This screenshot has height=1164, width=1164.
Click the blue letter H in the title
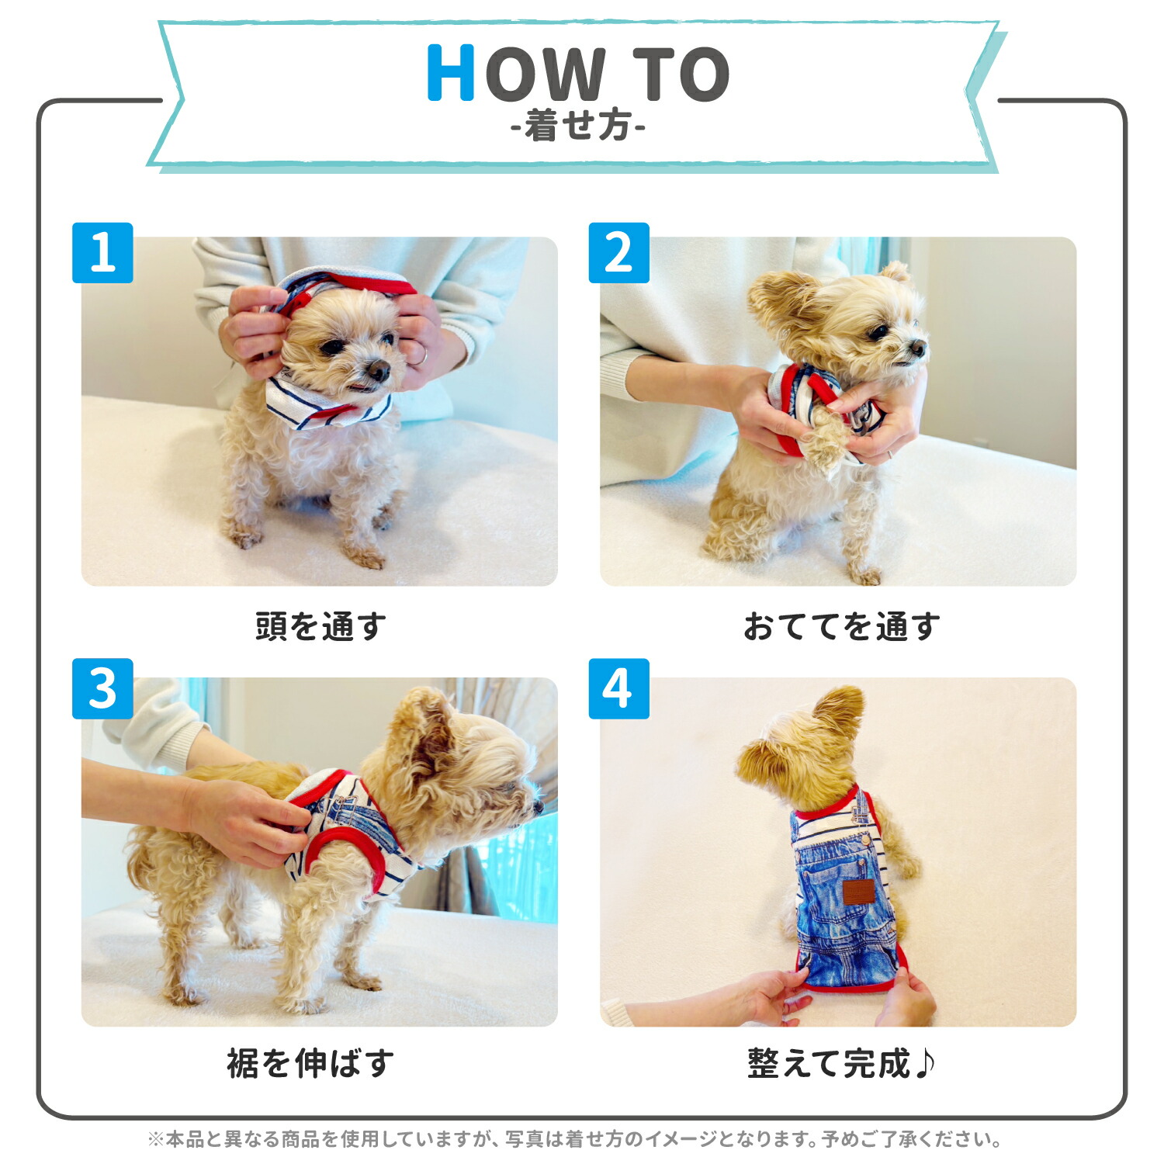click(x=451, y=73)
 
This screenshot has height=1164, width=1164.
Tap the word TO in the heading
click(x=681, y=74)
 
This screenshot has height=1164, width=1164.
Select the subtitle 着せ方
click(x=578, y=126)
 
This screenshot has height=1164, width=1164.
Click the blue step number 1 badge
click(x=102, y=253)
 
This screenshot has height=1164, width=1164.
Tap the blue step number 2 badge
click(x=618, y=253)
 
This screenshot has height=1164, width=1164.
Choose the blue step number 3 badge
click(x=102, y=689)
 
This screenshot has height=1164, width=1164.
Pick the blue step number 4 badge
click(x=618, y=689)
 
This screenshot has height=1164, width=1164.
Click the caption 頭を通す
click(x=320, y=626)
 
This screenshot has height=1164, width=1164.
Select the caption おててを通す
click(x=841, y=626)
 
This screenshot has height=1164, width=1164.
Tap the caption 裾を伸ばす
click(x=310, y=1063)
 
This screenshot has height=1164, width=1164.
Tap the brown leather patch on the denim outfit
click(x=858, y=892)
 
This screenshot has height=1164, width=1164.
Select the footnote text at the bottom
click(x=574, y=1139)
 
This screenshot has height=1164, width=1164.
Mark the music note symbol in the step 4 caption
click(x=924, y=1063)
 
